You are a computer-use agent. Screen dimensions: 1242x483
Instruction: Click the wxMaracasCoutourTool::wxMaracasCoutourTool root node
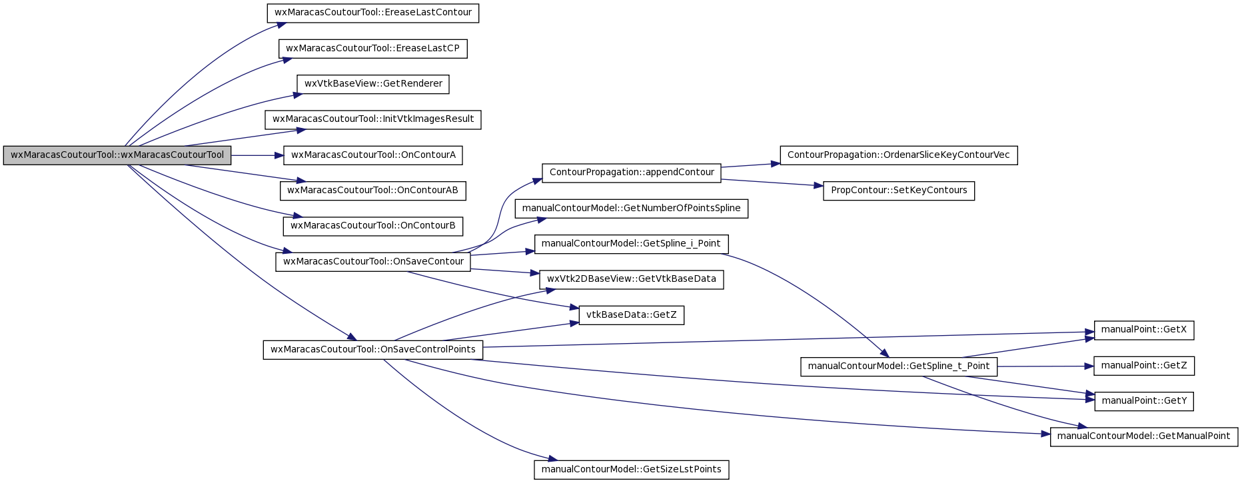point(117,155)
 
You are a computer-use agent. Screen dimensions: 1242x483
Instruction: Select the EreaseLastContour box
point(373,13)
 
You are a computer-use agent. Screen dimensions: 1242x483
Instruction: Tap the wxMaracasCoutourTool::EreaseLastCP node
point(373,49)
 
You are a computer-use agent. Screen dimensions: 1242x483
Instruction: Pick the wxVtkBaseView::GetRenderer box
point(373,84)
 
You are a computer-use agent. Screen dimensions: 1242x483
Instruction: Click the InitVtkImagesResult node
point(373,120)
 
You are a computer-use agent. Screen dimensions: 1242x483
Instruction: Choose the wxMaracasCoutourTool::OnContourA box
point(373,155)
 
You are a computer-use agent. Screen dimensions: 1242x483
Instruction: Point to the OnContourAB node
point(373,191)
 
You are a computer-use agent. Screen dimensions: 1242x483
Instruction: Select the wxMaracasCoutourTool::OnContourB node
point(373,226)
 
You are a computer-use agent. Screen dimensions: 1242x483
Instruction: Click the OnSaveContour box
point(373,262)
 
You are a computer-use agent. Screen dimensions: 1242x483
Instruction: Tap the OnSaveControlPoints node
point(373,350)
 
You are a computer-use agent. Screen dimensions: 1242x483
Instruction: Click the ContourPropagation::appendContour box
point(632,173)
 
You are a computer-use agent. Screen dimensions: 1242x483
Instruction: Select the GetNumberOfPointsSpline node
point(632,209)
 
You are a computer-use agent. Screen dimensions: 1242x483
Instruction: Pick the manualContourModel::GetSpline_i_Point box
point(632,244)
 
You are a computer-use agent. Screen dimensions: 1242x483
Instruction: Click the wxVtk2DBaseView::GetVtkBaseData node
point(632,279)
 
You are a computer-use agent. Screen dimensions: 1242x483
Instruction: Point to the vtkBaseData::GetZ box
point(632,315)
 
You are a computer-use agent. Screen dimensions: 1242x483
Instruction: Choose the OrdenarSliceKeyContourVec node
point(899,155)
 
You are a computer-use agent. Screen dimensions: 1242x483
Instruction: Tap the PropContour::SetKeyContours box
point(899,191)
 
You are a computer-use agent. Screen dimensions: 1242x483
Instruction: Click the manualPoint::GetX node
point(1144,330)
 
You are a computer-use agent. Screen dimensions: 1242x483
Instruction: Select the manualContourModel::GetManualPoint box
point(1144,436)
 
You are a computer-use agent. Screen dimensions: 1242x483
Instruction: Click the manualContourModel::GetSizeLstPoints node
point(632,470)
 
